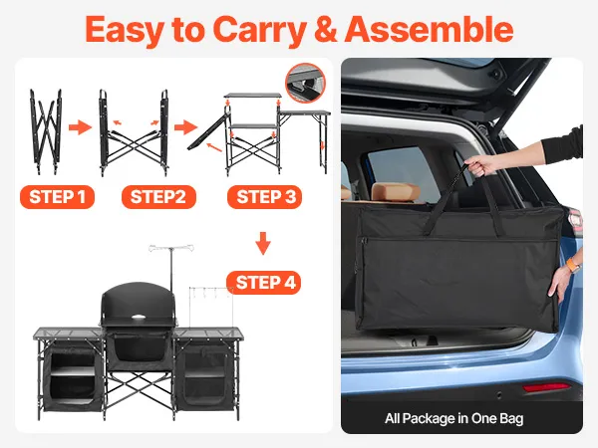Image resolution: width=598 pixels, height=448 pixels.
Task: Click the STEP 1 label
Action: [57, 197]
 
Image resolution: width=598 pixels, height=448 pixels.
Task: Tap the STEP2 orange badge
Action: [158, 197]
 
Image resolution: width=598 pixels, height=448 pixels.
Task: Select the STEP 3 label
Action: [265, 197]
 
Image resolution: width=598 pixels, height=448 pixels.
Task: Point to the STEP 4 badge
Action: [264, 283]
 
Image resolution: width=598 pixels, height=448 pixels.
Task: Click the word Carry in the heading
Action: [260, 31]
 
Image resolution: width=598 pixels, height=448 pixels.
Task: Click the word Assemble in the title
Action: [429, 29]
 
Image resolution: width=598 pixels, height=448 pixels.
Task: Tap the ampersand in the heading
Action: [325, 29]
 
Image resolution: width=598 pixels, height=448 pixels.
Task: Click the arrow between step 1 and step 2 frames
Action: [80, 127]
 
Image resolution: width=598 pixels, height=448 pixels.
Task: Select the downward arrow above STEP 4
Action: [263, 243]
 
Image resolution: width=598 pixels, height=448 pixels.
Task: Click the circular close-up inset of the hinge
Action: [306, 83]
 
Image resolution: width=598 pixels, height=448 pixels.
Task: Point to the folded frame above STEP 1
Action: [46, 131]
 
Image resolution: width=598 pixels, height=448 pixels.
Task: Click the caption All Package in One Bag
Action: [453, 419]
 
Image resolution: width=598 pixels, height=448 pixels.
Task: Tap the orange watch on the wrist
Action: [572, 265]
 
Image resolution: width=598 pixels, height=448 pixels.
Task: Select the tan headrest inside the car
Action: [396, 191]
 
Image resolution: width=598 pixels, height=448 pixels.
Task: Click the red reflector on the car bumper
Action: [546, 387]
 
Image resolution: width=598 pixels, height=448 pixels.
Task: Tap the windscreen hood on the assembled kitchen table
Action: [139, 305]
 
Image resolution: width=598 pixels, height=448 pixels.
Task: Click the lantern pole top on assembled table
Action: [171, 248]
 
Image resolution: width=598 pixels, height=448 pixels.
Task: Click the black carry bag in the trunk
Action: [457, 263]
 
